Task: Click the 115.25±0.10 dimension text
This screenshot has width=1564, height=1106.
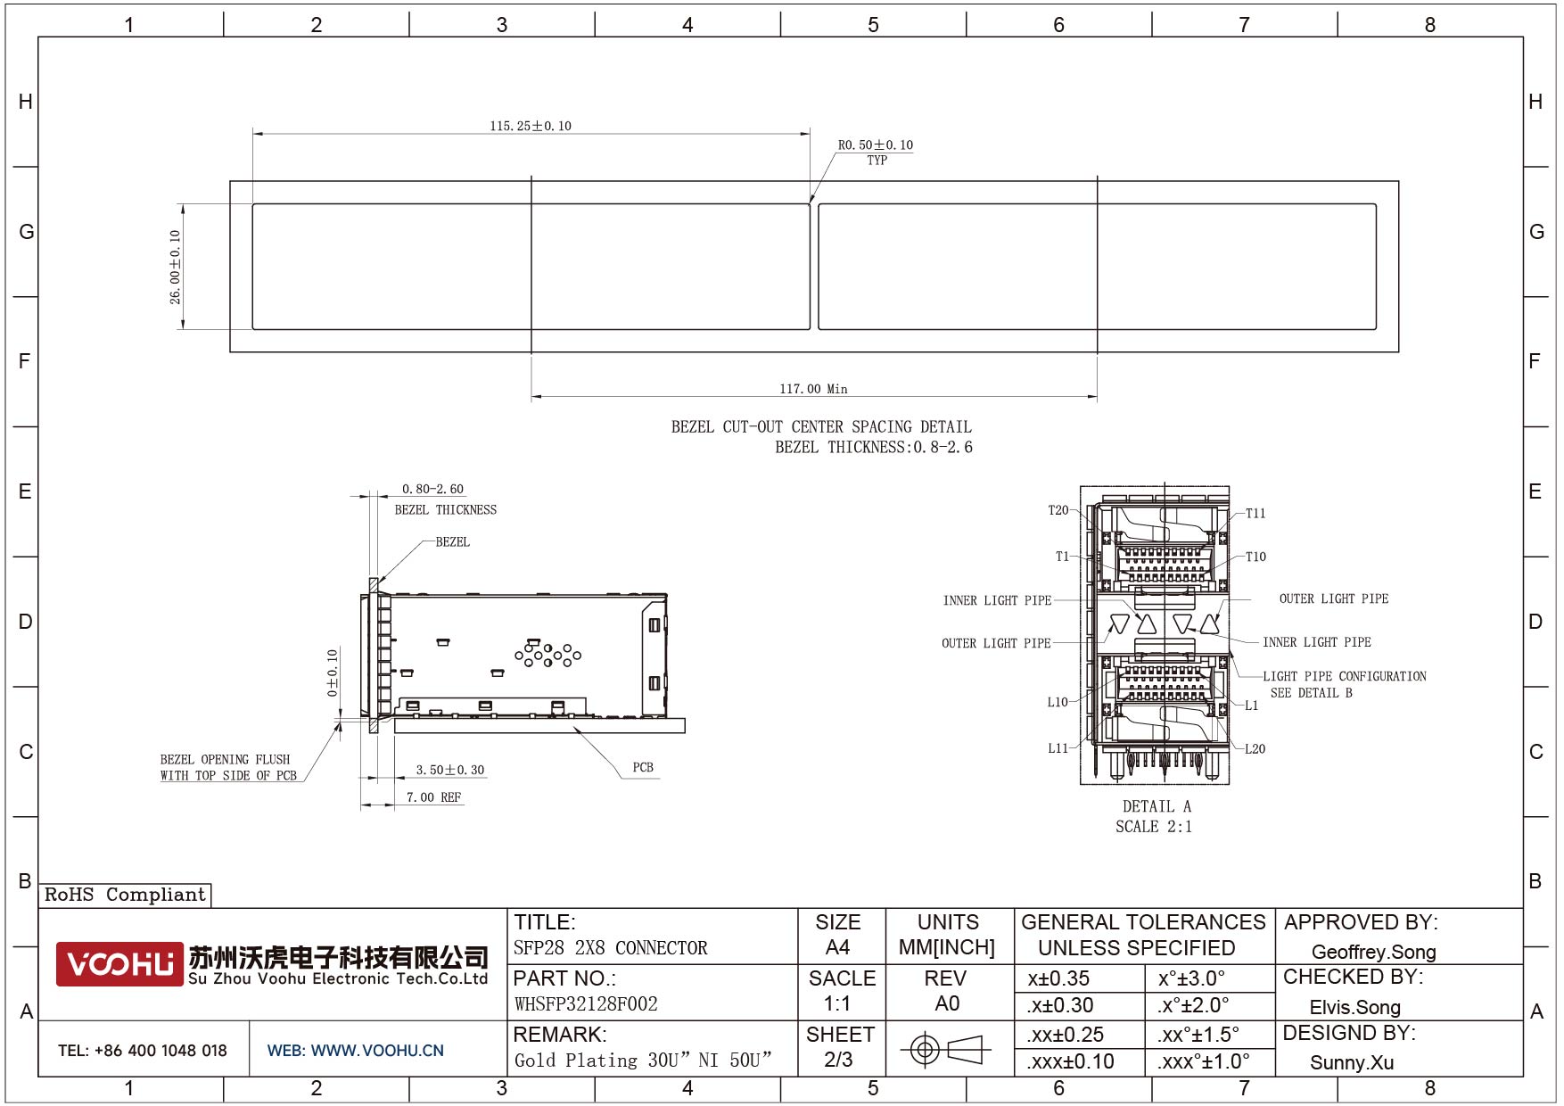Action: [531, 126]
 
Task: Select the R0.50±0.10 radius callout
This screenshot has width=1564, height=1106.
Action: [876, 144]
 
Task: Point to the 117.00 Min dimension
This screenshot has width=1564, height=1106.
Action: [813, 389]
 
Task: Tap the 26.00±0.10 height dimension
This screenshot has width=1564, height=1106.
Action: [176, 267]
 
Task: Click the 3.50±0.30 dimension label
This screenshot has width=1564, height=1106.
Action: [450, 770]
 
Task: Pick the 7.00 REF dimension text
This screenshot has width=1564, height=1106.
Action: [434, 797]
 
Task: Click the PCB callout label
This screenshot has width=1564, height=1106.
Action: [643, 767]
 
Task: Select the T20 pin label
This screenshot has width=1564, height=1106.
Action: [1058, 510]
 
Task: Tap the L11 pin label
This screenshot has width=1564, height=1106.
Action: [1058, 748]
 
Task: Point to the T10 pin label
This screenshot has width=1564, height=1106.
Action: [1255, 557]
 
